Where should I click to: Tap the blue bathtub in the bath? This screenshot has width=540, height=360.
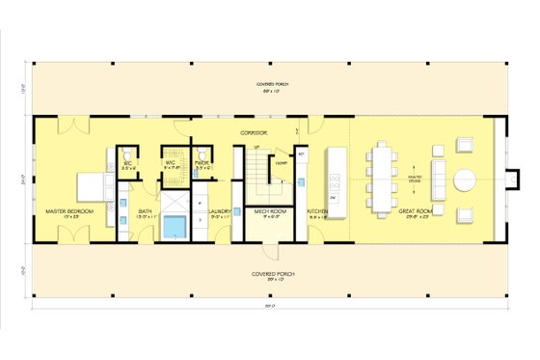click(x=175, y=228)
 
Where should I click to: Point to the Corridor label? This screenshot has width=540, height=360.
click(x=253, y=132)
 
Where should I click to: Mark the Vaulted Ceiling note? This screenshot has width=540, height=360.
click(x=414, y=179)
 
